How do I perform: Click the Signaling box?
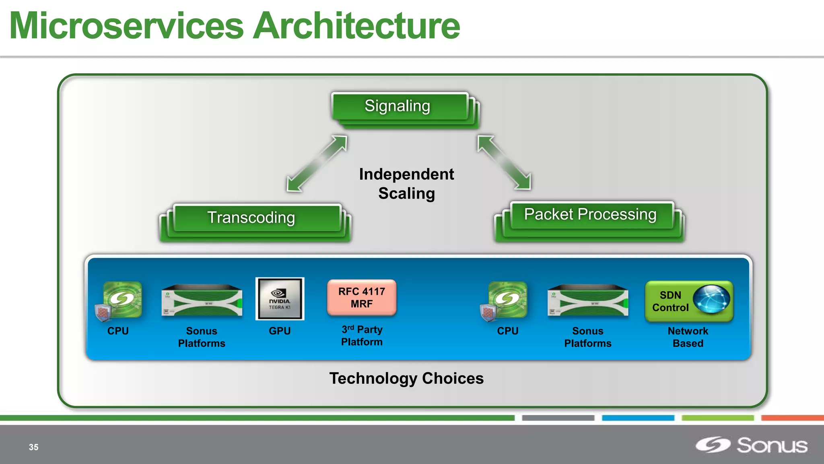(398, 106)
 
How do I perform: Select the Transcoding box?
(252, 218)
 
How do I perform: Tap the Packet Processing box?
(590, 215)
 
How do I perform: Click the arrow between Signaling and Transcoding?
(317, 163)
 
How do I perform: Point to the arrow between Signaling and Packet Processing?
(504, 162)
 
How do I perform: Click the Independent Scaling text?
(406, 184)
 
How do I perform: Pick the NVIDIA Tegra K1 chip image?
(280, 299)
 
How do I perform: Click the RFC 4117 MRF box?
(362, 298)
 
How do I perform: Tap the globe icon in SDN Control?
(711, 299)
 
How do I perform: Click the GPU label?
(280, 331)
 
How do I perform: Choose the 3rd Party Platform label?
(362, 336)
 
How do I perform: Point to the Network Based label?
(688, 337)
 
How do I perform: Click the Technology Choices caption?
(406, 379)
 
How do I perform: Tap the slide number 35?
(34, 447)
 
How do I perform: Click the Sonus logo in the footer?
(752, 445)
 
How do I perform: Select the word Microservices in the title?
(127, 27)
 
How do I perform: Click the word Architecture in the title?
(357, 27)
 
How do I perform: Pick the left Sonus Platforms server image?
(202, 301)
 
